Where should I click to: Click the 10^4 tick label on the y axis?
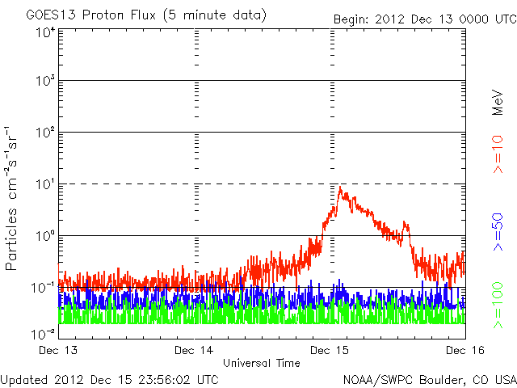point(44,33)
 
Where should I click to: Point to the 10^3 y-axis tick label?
point(44,82)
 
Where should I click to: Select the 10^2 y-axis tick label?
point(44,133)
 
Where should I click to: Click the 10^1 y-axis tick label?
point(44,184)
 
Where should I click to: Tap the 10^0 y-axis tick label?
point(44,236)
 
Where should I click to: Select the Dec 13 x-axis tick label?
point(58,351)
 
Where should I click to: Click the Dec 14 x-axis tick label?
point(195,351)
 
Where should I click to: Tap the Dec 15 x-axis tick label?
point(331,351)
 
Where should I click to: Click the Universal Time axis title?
point(261,364)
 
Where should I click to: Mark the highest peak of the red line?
point(340,187)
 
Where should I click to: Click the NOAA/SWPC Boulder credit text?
point(428,378)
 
